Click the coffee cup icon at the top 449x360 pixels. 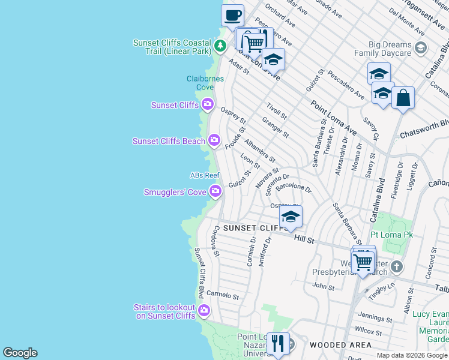pyautogui.click(x=232, y=15)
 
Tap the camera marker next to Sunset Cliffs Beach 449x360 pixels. pyautogui.click(x=214, y=141)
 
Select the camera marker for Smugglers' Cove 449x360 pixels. pyautogui.click(x=215, y=192)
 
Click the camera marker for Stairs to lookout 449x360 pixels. pyautogui.click(x=204, y=311)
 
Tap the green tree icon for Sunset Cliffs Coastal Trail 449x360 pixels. pyautogui.click(x=220, y=46)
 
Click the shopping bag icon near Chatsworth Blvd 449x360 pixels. pyautogui.click(x=403, y=98)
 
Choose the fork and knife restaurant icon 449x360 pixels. pyautogui.click(x=277, y=343)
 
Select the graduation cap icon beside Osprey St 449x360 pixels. pyautogui.click(x=291, y=217)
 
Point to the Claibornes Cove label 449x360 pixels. pyautogui.click(x=205, y=83)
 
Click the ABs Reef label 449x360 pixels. pyautogui.click(x=205, y=175)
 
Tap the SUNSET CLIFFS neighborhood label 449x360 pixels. pyautogui.click(x=256, y=229)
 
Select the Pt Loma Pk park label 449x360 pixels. pyautogui.click(x=392, y=235)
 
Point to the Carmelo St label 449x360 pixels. pyautogui.click(x=223, y=296)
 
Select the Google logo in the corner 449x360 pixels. pyautogui.click(x=20, y=353)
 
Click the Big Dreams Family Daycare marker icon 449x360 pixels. pyautogui.click(x=421, y=48)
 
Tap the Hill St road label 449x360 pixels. pyautogui.click(x=304, y=239)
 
